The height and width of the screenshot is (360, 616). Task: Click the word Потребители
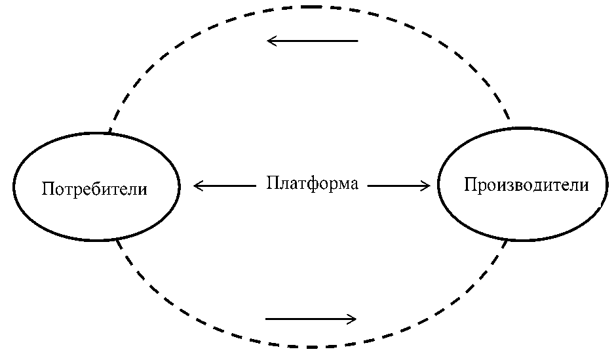(x=94, y=190)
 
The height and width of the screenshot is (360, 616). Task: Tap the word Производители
(x=526, y=186)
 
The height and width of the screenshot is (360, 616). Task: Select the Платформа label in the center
(x=312, y=184)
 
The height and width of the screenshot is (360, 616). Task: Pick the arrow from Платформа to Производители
(x=398, y=186)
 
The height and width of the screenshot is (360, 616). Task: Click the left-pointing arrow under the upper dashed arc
(x=313, y=41)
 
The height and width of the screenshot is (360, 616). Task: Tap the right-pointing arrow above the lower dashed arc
(x=311, y=319)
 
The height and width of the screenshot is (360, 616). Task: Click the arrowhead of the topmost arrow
(x=270, y=41)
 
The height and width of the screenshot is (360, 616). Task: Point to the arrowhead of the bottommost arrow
(x=353, y=319)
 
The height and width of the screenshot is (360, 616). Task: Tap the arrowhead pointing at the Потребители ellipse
(x=197, y=186)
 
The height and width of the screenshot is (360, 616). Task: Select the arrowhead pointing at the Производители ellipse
(x=427, y=186)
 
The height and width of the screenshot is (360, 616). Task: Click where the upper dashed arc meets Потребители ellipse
(x=109, y=133)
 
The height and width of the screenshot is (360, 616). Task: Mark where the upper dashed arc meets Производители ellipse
(x=510, y=124)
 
